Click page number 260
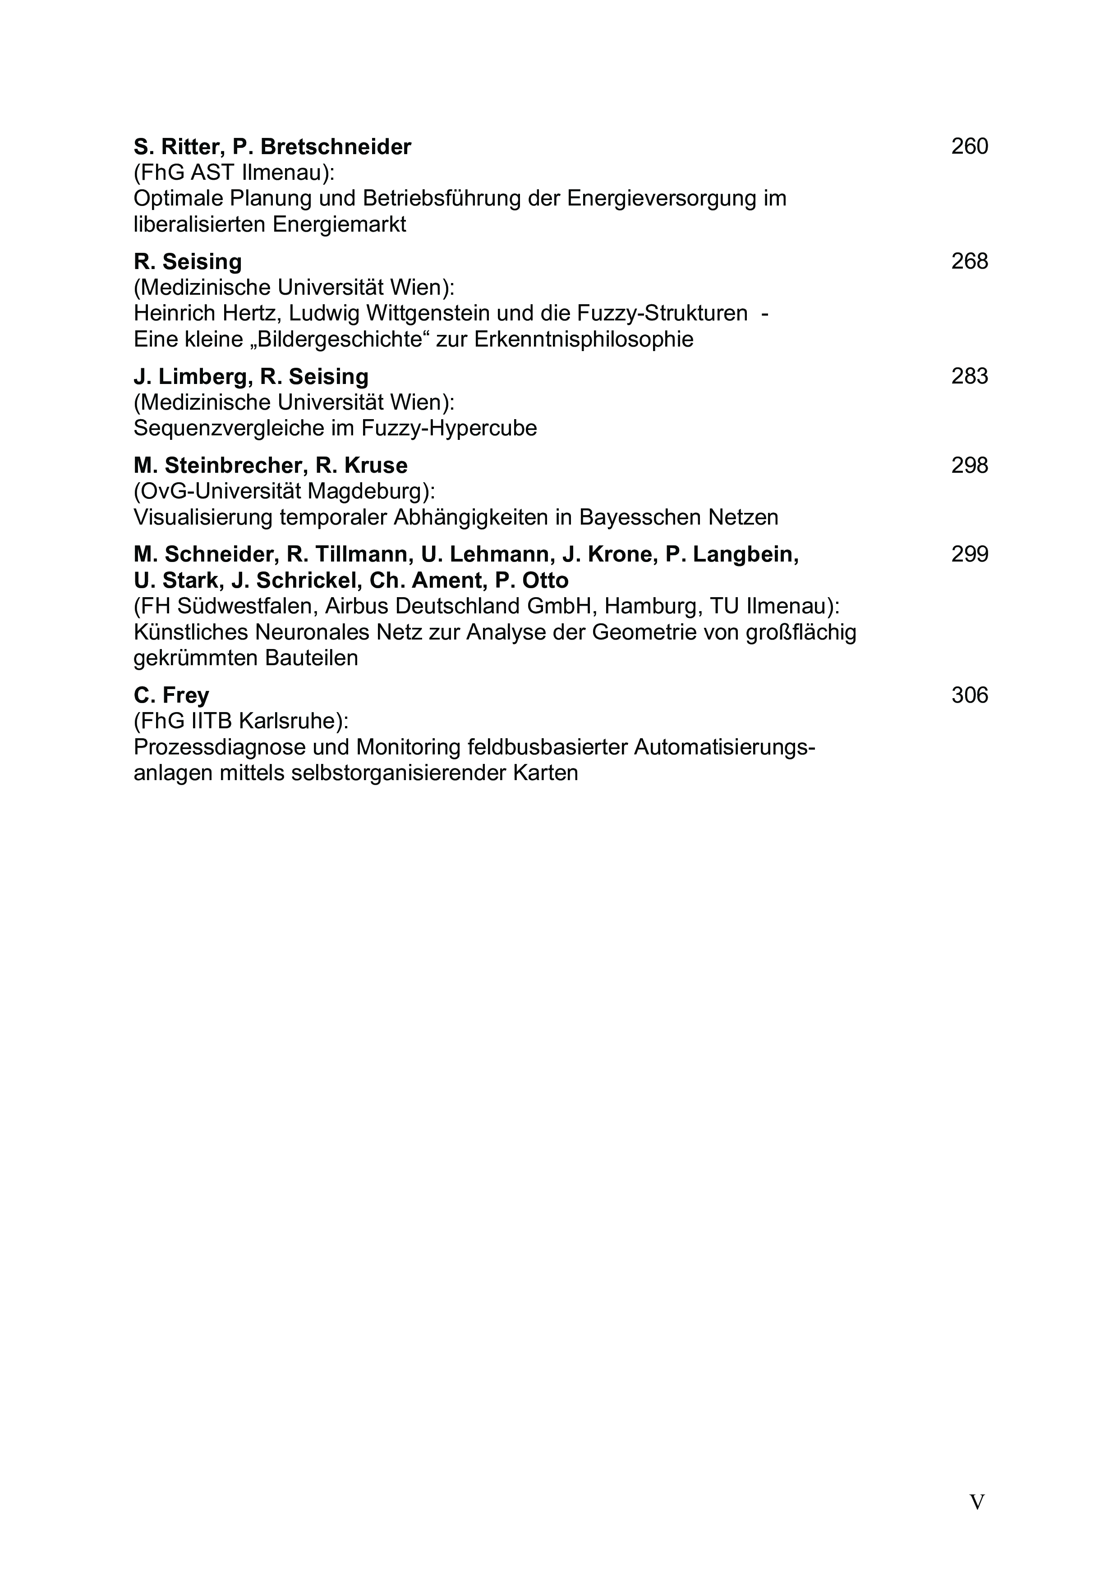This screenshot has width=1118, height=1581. (969, 146)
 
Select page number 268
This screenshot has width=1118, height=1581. (969, 262)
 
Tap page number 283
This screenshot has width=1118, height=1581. (969, 377)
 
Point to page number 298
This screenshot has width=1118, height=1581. (969, 466)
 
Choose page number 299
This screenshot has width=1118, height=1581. (969, 554)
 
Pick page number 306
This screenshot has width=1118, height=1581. (969, 695)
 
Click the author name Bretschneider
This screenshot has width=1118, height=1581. (336, 146)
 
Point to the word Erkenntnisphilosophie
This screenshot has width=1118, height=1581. (584, 339)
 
